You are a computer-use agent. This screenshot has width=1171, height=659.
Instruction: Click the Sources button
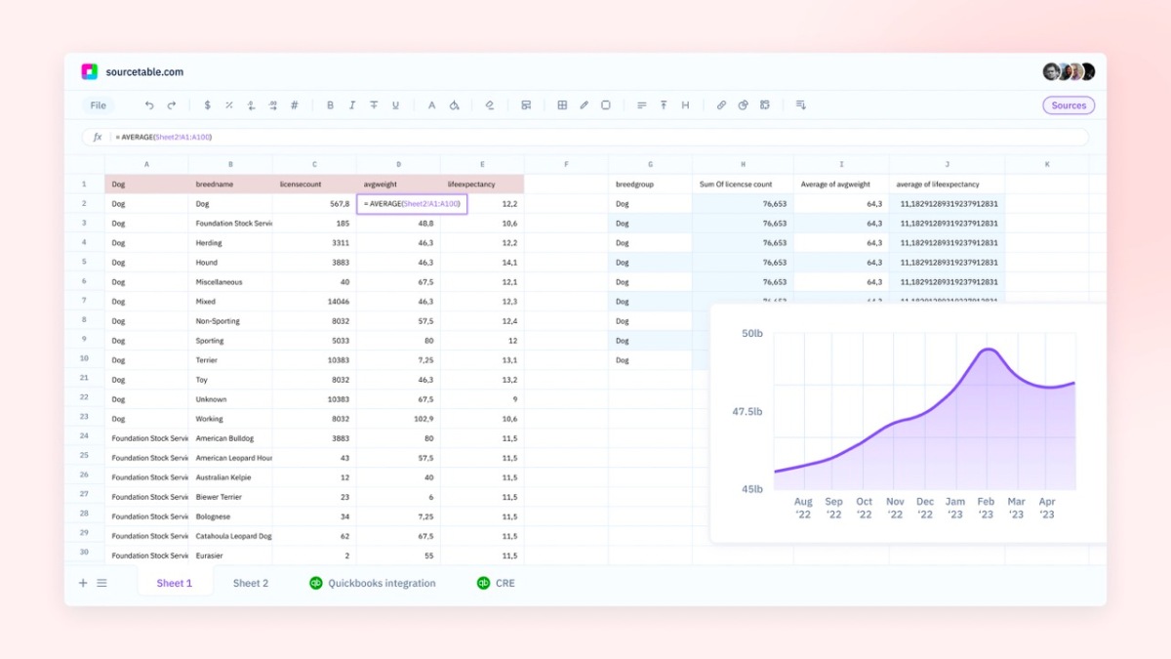pyautogui.click(x=1069, y=105)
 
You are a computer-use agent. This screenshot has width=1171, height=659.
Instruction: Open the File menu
pyautogui.click(x=99, y=105)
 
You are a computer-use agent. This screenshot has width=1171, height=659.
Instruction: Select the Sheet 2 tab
pyautogui.click(x=250, y=583)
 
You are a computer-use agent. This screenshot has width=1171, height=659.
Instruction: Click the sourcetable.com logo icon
pyautogui.click(x=90, y=71)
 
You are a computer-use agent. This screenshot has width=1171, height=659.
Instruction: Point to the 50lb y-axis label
pyautogui.click(x=751, y=334)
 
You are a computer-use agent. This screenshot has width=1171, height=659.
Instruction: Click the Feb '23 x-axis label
pyautogui.click(x=986, y=508)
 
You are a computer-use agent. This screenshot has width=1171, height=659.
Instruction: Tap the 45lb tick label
pyautogui.click(x=751, y=489)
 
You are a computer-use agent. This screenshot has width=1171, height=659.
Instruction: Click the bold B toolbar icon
pyautogui.click(x=330, y=105)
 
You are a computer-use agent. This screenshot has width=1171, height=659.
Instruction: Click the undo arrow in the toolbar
pyautogui.click(x=149, y=105)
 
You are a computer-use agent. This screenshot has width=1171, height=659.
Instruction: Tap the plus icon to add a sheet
pyautogui.click(x=83, y=583)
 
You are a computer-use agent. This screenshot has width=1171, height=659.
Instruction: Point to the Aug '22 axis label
pyautogui.click(x=803, y=508)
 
